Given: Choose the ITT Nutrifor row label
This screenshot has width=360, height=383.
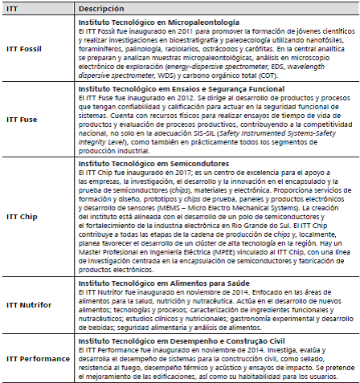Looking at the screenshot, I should (29, 305).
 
